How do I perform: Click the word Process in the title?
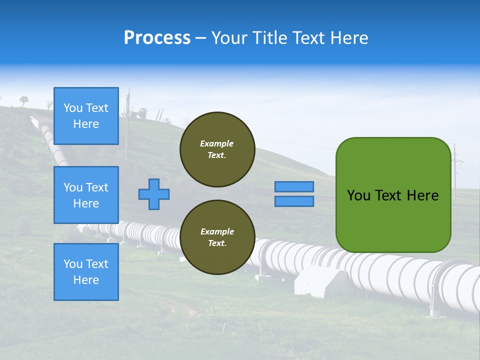click(x=157, y=38)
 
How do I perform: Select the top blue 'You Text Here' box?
click(x=86, y=116)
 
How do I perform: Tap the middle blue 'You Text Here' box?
click(x=86, y=195)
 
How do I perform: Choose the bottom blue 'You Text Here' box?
click(x=86, y=272)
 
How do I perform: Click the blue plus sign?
click(x=154, y=194)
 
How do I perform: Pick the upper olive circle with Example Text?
click(x=217, y=149)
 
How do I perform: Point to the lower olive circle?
click(x=217, y=237)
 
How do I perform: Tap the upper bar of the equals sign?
click(x=294, y=186)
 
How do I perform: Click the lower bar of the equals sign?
click(x=294, y=201)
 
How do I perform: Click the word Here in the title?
click(x=350, y=38)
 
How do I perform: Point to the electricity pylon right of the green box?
click(x=455, y=170)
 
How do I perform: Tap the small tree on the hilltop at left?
click(x=24, y=100)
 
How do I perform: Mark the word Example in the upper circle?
click(x=217, y=143)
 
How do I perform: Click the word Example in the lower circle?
click(x=217, y=231)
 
